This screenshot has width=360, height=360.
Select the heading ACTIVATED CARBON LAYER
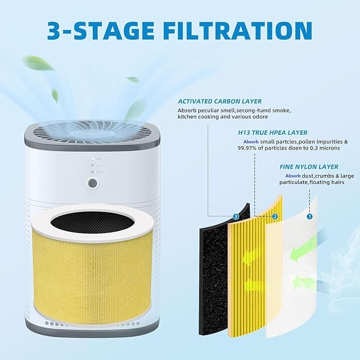tap(219, 101)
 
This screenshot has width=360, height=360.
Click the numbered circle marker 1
tap(310, 216)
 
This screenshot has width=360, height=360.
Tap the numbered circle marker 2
tap(275, 216)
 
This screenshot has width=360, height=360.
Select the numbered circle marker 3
tap(236, 216)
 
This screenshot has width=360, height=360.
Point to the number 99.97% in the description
tap(250, 148)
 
